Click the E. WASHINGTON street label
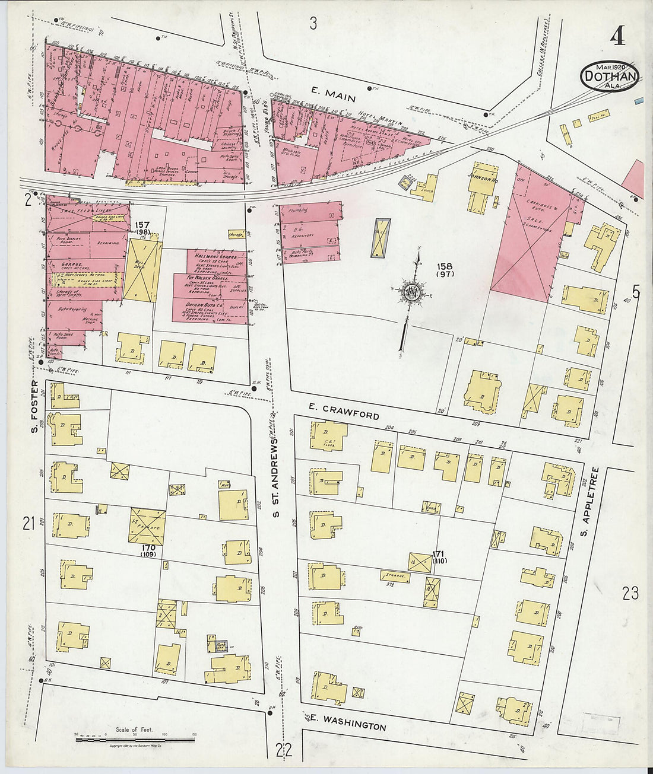click(347, 722)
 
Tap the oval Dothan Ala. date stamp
click(610, 76)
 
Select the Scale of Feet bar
click(136, 739)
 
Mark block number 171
click(439, 556)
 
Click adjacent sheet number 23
click(630, 593)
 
